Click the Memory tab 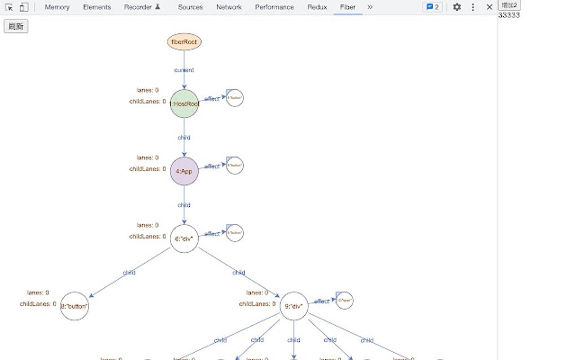pyautogui.click(x=57, y=7)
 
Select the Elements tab pyautogui.click(x=97, y=7)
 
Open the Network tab pyautogui.click(x=229, y=7)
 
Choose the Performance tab pyautogui.click(x=274, y=7)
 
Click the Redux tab pyautogui.click(x=317, y=7)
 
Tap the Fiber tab pyautogui.click(x=348, y=7)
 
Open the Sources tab pyautogui.click(x=190, y=7)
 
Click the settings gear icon pyautogui.click(x=457, y=7)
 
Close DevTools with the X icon pyautogui.click(x=490, y=7)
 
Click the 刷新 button pyautogui.click(x=16, y=27)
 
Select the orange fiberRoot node pyautogui.click(x=184, y=42)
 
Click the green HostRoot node pyautogui.click(x=184, y=104)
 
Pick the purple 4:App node pyautogui.click(x=184, y=172)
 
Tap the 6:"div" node pyautogui.click(x=184, y=239)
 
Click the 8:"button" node pyautogui.click(x=75, y=306)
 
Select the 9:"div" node pyautogui.click(x=294, y=306)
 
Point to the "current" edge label pyautogui.click(x=184, y=71)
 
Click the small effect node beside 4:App pyautogui.click(x=234, y=165)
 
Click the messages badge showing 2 pyautogui.click(x=432, y=7)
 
